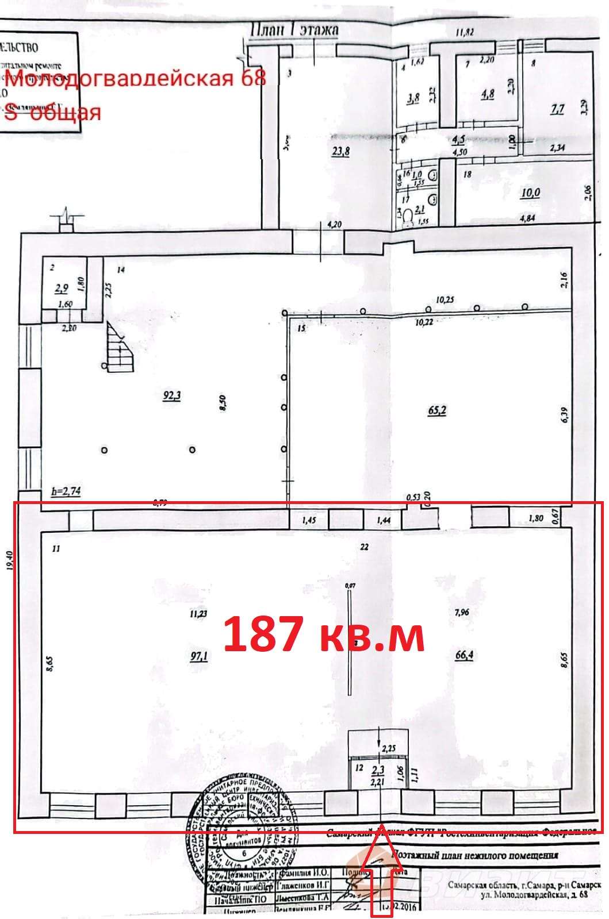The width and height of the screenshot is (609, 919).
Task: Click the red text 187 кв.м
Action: pos(324,635)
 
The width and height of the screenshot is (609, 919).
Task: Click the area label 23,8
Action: pos(342,152)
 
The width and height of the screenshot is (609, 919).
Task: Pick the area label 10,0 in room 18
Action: pos(530,193)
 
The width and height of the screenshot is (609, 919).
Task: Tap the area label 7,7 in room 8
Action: pos(557,109)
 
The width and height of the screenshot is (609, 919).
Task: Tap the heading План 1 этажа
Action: pos(295,29)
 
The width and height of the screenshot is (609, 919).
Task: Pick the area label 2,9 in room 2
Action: pos(61,289)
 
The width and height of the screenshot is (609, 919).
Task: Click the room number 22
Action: pos(364,547)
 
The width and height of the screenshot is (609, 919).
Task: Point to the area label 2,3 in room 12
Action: pos(378,770)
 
